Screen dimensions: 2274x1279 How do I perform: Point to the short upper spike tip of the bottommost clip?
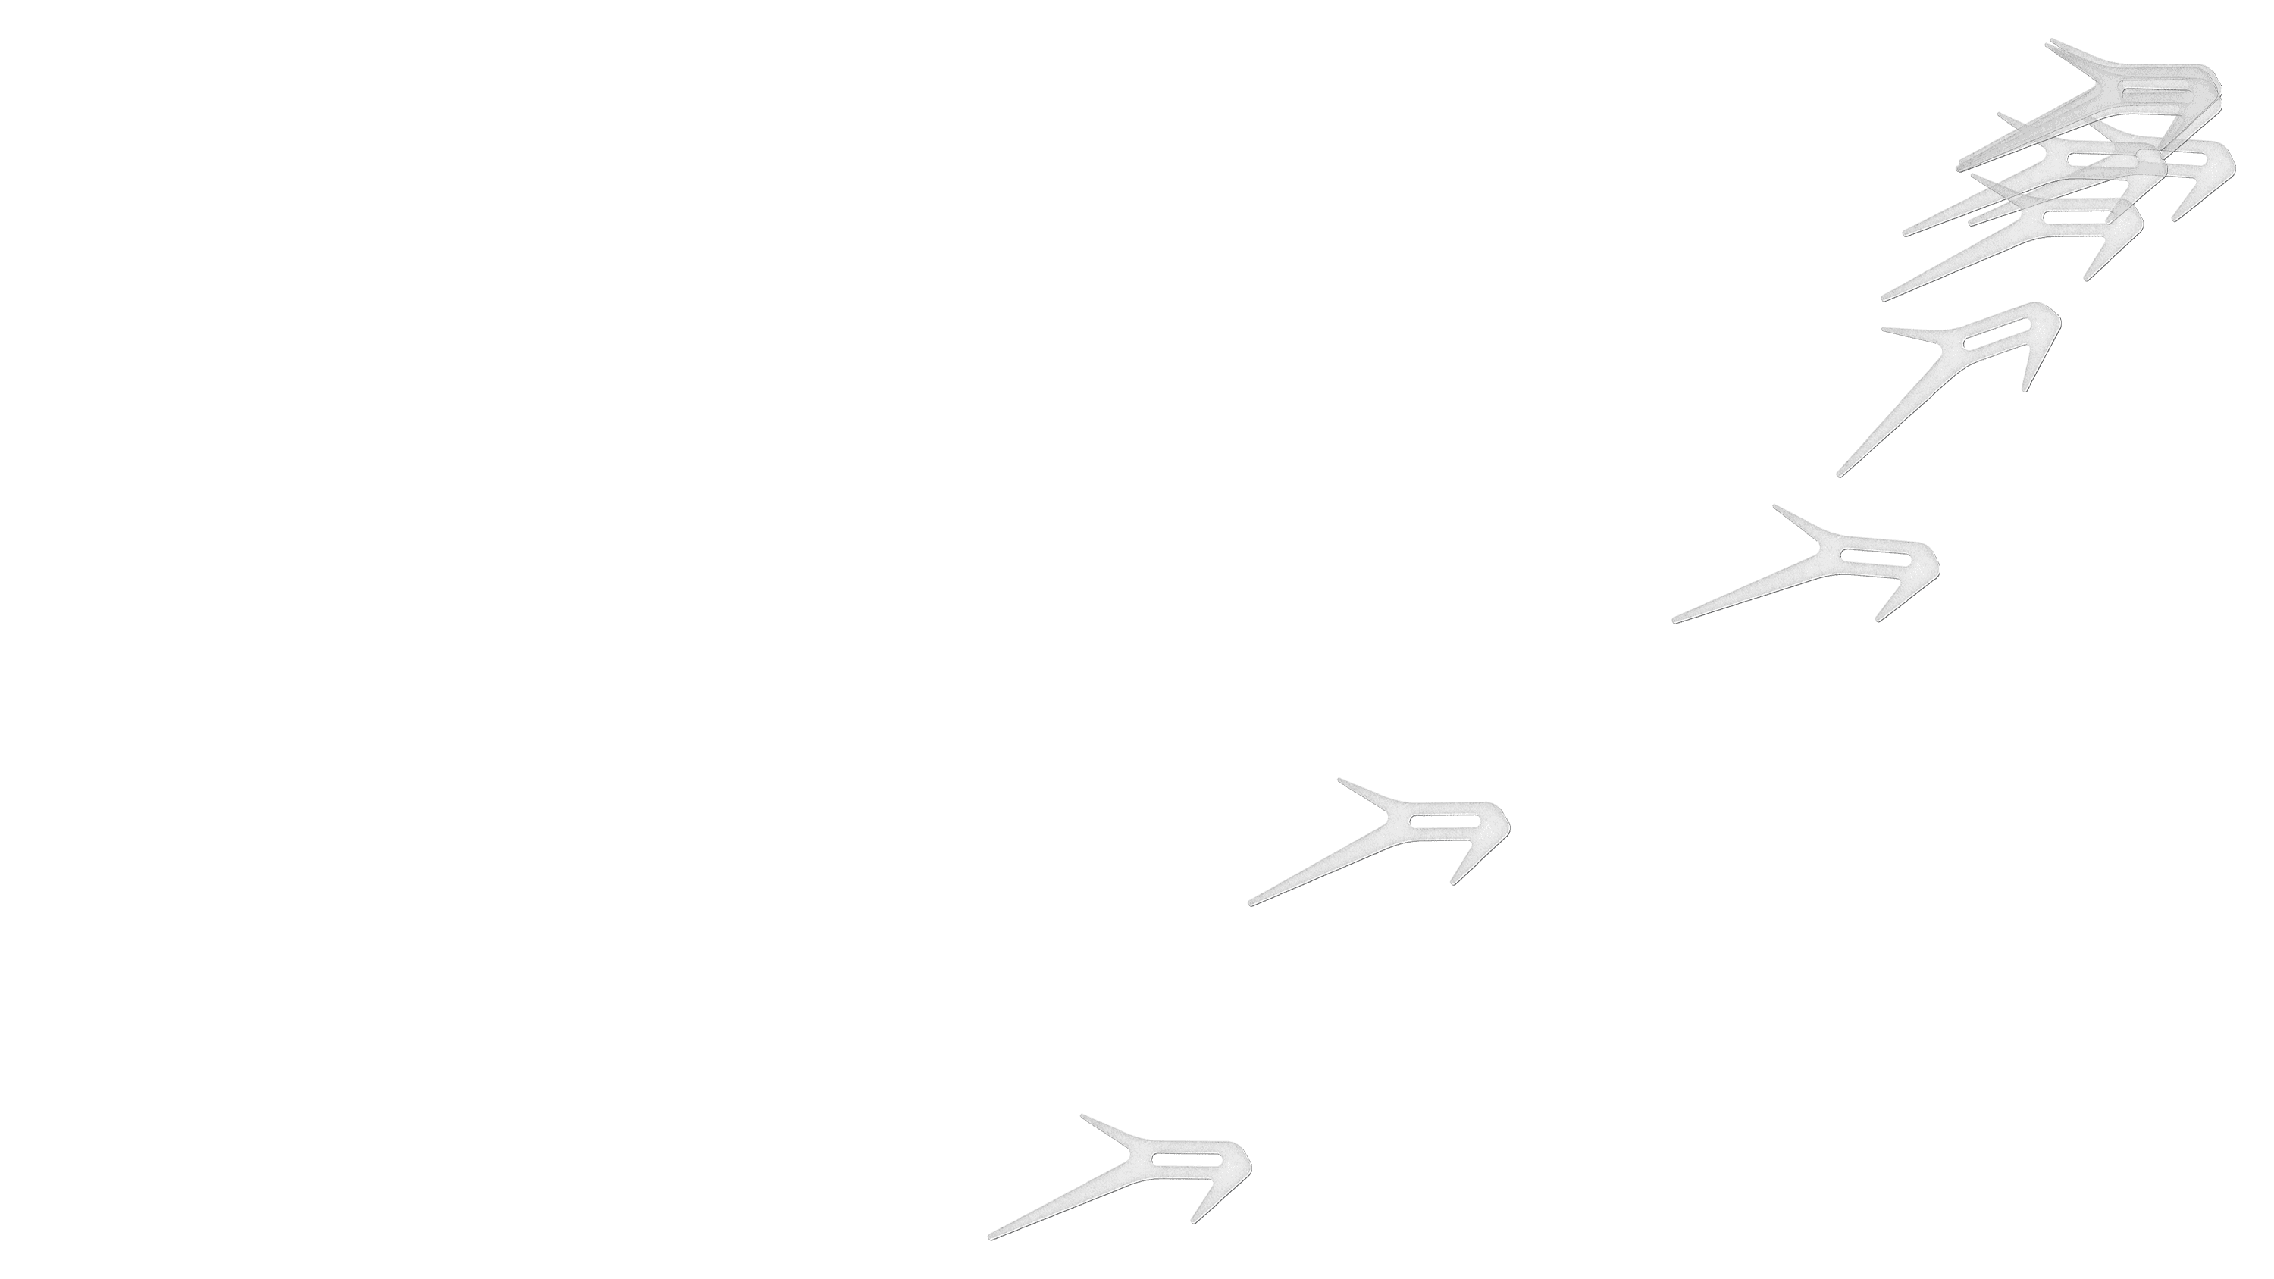pyautogui.click(x=1082, y=1115)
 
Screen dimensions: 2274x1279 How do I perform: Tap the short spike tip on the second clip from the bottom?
pyautogui.click(x=1340, y=780)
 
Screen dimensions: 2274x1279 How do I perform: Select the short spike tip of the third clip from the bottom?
pyautogui.click(x=1775, y=507)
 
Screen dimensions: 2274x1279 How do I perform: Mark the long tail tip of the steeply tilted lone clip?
pyautogui.click(x=1840, y=475)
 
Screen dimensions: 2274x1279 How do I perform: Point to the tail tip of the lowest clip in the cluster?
pyautogui.click(x=1884, y=298)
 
